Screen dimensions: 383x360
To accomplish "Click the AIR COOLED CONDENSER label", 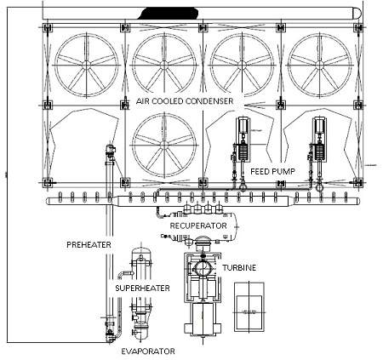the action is pyautogui.click(x=185, y=101).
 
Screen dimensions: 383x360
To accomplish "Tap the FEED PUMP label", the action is pyautogui.click(x=272, y=171).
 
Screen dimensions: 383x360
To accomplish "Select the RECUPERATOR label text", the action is pyautogui.click(x=198, y=226).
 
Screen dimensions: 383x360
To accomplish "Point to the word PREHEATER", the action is pyautogui.click(x=89, y=244).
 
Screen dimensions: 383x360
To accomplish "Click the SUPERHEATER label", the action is pyautogui.click(x=142, y=289).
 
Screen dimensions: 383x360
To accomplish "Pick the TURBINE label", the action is pyautogui.click(x=239, y=268).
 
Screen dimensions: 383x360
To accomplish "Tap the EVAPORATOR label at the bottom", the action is pyautogui.click(x=148, y=351).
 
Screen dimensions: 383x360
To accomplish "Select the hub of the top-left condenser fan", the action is pyautogui.click(x=86, y=65).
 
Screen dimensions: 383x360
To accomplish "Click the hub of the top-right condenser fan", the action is pyautogui.click(x=320, y=65).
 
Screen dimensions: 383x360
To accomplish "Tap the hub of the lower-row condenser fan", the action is pyautogui.click(x=164, y=145).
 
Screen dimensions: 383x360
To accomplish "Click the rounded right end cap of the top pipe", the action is pyautogui.click(x=357, y=14).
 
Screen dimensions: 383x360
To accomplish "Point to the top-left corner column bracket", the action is pyautogui.click(x=47, y=28).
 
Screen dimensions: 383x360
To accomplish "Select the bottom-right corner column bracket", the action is pyautogui.click(x=358, y=182).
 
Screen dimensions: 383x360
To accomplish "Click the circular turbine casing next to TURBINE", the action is pyautogui.click(x=202, y=267).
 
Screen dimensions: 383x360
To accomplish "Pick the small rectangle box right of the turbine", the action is pyautogui.click(x=249, y=307).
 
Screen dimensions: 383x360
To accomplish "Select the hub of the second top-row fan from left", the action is pyautogui.click(x=164, y=65).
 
